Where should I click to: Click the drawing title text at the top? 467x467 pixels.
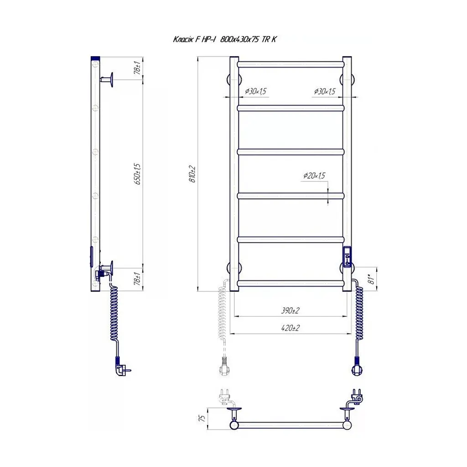coord(225,39)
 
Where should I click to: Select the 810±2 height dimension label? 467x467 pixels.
coord(192,174)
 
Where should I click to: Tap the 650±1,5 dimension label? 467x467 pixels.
coord(138,174)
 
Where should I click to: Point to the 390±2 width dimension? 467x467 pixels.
coord(291,311)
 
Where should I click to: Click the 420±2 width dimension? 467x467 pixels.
coord(291,328)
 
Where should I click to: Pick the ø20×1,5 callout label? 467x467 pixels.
coord(314,176)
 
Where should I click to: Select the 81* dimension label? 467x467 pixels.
coord(371,279)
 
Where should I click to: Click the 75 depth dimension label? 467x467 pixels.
coord(202,418)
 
